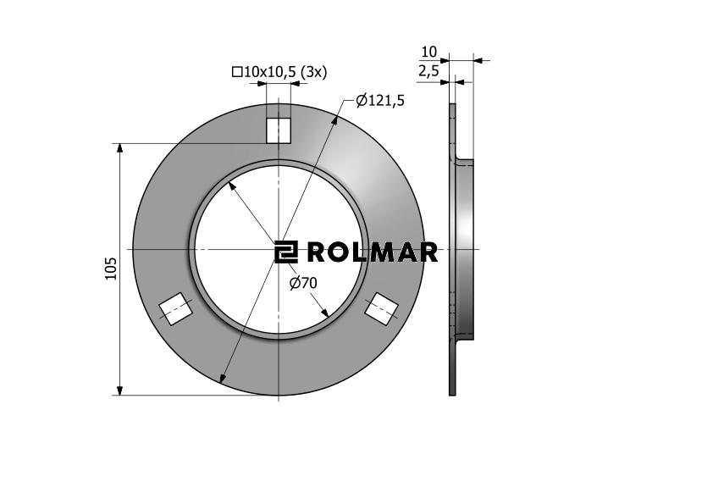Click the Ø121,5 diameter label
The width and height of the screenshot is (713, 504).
(379, 100)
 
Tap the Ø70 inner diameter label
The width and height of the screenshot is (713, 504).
(303, 283)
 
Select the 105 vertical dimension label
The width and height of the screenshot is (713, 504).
(112, 269)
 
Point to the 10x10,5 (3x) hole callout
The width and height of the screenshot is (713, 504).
(279, 72)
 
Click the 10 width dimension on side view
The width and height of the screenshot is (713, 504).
(428, 52)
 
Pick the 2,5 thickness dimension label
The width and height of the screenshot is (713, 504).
(428, 71)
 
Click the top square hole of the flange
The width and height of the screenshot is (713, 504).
(279, 130)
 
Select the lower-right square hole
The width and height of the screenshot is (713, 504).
(382, 308)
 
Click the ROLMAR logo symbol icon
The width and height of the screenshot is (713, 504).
(286, 252)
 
